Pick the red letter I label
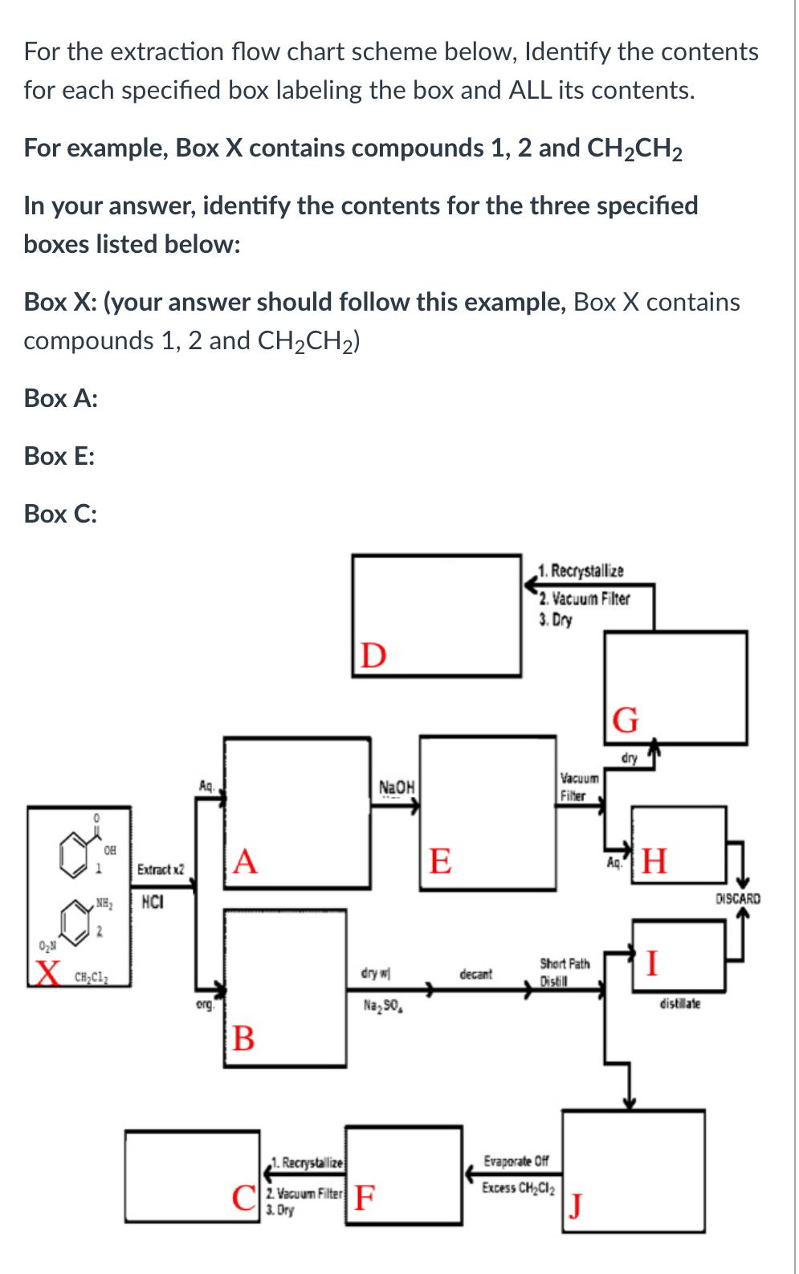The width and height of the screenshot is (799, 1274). pos(653,961)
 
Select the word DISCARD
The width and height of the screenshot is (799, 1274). pos(737,899)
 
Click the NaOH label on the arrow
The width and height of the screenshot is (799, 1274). pos(396,786)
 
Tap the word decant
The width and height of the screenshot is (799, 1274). pos(475,975)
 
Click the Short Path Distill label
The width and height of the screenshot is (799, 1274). pos(564,968)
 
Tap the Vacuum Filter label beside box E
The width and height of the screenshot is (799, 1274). pos(578,786)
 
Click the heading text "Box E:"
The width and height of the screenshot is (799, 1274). pos(59,456)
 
